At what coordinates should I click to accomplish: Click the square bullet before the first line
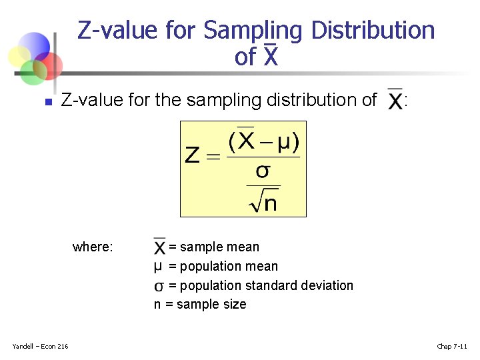47,102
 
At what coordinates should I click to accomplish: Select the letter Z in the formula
192,156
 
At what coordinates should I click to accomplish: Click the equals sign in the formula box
213,157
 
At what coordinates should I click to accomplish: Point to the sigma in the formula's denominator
263,171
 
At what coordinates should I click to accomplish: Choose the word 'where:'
93,247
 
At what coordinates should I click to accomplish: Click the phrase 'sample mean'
219,247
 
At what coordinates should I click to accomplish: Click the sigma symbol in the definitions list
159,286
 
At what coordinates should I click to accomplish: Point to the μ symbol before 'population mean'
158,267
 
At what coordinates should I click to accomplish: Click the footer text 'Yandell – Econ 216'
40,346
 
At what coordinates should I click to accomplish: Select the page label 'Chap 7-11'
451,346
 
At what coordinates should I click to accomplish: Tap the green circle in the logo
33,72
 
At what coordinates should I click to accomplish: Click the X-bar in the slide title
270,57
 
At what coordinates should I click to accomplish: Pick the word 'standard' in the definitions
271,285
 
